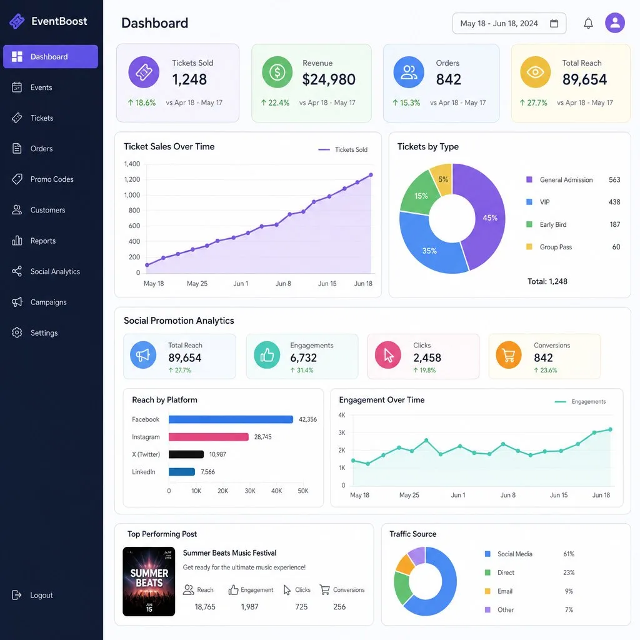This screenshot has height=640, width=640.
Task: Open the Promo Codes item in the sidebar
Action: [43, 179]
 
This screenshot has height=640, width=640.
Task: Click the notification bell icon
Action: [588, 23]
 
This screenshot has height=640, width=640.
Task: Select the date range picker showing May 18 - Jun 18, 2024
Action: [509, 23]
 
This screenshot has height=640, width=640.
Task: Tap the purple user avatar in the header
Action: [615, 23]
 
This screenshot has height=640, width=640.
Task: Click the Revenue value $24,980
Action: [329, 79]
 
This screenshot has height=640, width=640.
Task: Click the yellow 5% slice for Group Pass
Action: [442, 178]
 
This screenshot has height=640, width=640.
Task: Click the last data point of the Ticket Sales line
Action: [371, 175]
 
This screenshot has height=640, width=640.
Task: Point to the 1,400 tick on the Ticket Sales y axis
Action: [132, 164]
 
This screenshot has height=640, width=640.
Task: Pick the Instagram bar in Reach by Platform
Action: [209, 437]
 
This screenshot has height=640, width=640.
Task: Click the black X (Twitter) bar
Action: [186, 454]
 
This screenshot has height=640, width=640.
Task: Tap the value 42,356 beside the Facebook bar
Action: [307, 419]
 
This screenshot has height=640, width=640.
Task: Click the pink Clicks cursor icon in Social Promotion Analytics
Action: [387, 356]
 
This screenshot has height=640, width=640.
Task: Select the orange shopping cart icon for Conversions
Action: [509, 356]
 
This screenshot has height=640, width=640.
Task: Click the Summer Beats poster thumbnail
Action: [149, 581]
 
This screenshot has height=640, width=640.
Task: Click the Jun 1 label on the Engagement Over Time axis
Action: [458, 495]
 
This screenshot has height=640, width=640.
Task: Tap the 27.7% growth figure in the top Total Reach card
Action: [533, 103]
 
